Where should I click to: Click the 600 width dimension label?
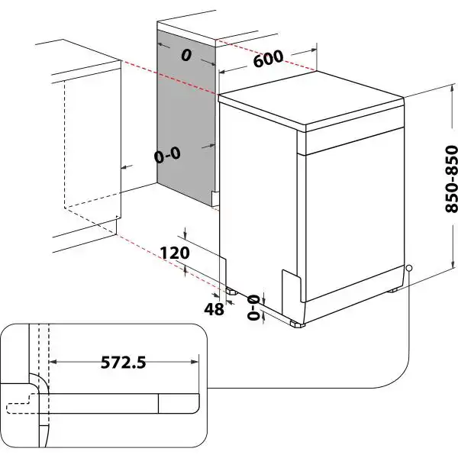point(268,60)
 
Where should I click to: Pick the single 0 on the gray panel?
point(185,55)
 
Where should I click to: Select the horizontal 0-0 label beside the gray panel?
point(166,156)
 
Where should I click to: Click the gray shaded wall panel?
point(183,114)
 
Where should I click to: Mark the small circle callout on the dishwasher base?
point(409,268)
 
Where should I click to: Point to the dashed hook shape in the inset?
point(23,396)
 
